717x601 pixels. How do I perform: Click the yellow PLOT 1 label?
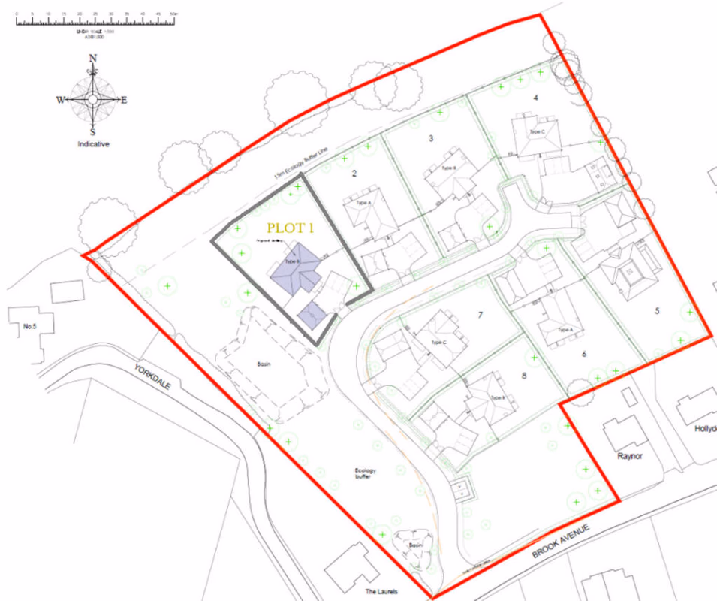coord(291,226)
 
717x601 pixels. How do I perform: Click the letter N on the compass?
coord(93,59)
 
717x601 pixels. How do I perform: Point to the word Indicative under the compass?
coord(93,144)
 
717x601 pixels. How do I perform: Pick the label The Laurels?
coord(381,592)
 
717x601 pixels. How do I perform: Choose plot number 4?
coord(535,98)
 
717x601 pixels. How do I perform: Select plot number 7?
coord(480,315)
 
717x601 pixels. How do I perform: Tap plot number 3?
coord(430,138)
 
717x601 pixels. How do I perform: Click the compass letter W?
coord(59,100)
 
